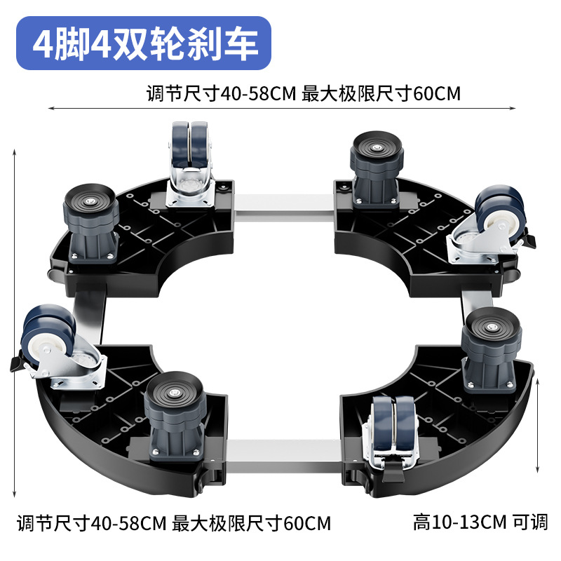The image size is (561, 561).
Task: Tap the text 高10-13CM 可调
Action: (480, 522)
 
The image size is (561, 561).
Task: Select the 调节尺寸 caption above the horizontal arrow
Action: (303, 93)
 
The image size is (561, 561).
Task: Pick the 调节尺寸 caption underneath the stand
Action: (173, 522)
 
